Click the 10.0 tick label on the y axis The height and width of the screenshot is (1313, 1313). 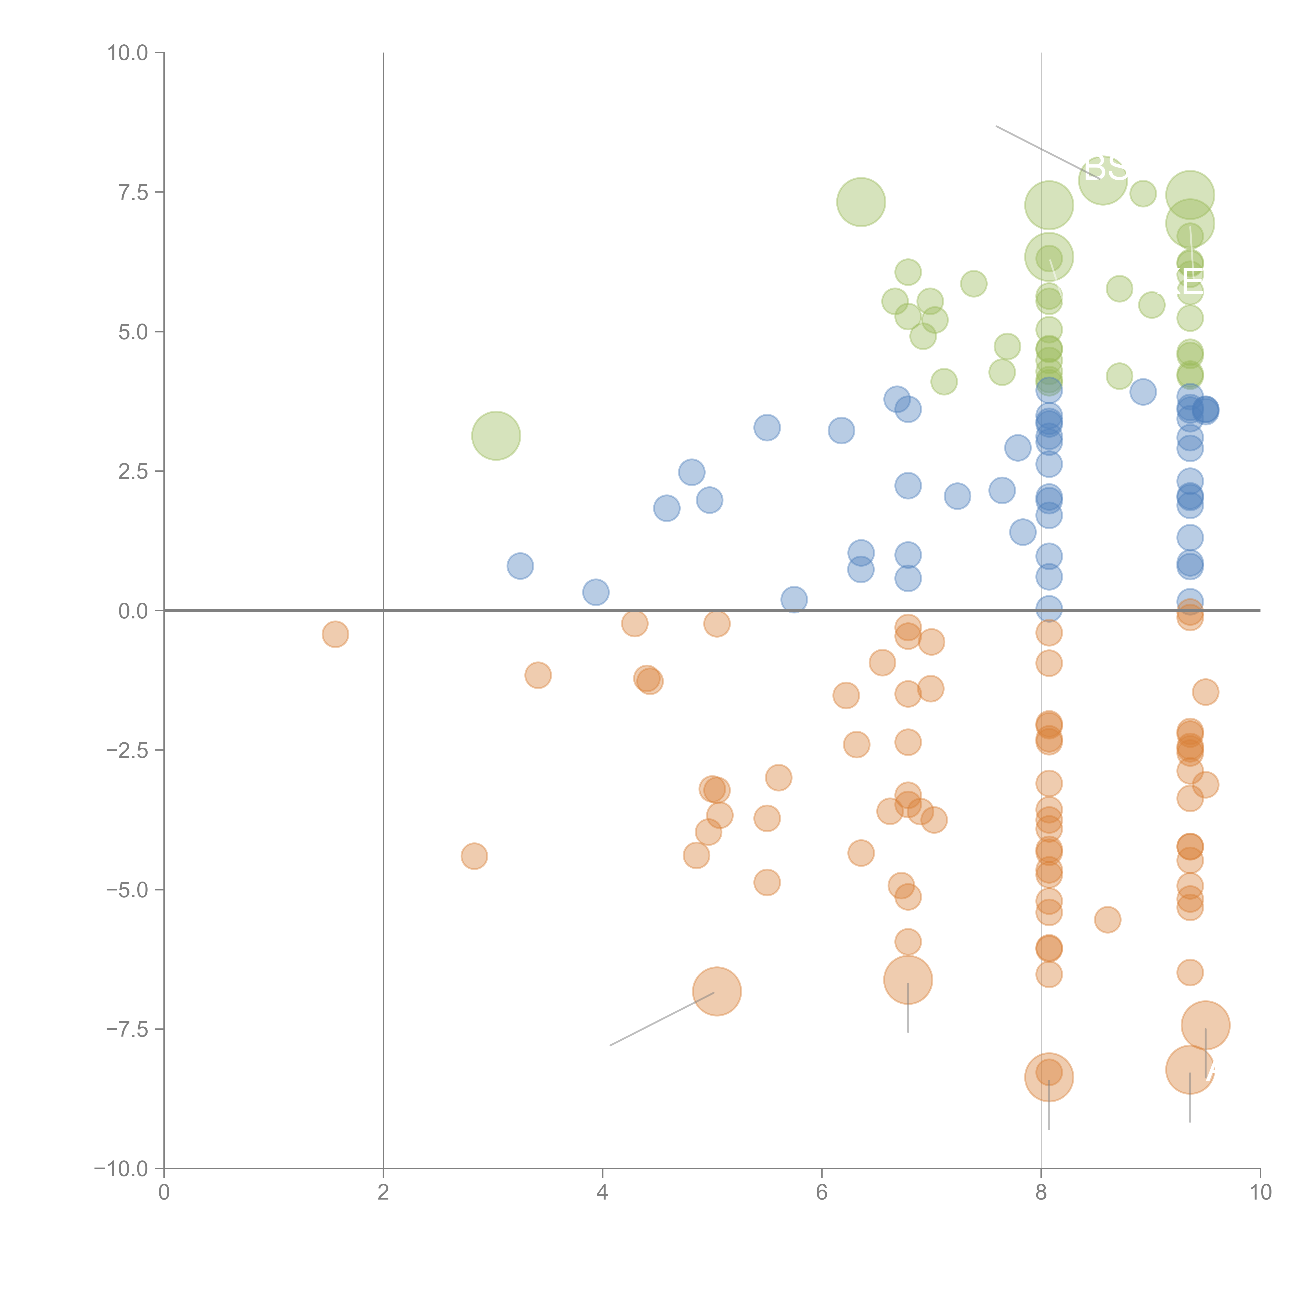tap(128, 53)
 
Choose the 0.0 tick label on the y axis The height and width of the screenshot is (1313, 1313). tap(133, 611)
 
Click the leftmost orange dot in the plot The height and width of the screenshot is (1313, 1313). tap(335, 634)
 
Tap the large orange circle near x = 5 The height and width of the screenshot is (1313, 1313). tap(716, 991)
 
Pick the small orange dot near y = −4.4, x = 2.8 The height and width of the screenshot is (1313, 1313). tap(474, 856)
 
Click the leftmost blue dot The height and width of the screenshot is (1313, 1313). tap(520, 565)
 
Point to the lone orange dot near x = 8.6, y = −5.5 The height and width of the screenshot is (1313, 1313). tap(1107, 920)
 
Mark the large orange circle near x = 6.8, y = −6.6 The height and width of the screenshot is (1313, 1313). tap(908, 979)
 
